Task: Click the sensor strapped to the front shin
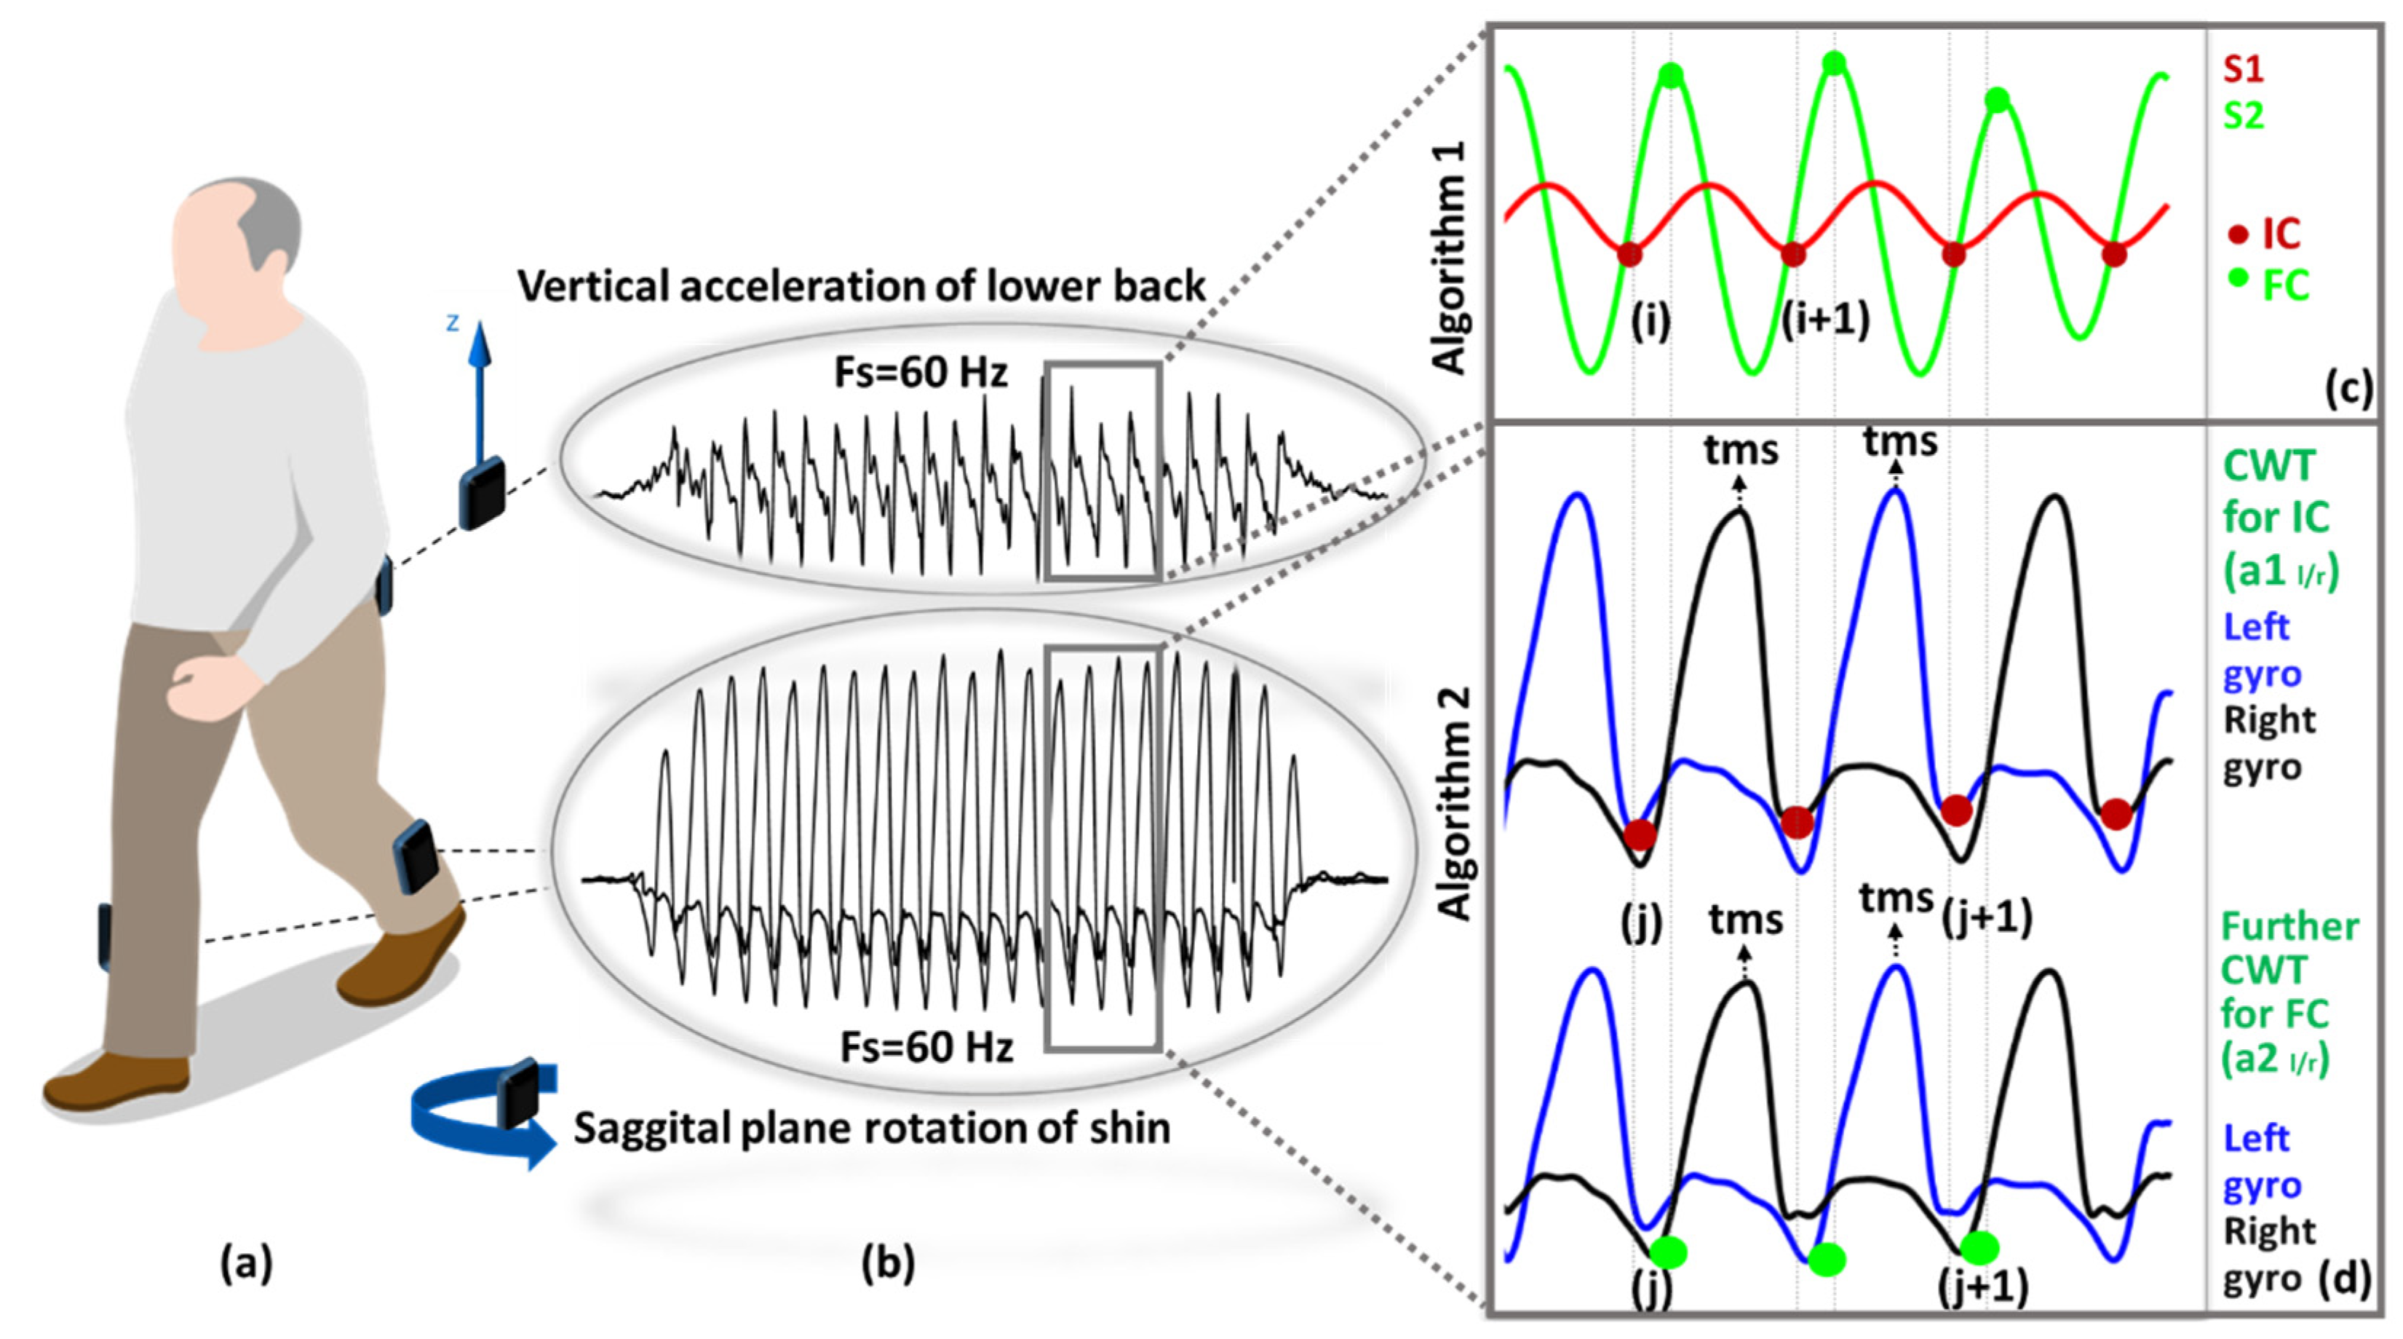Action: coord(417,856)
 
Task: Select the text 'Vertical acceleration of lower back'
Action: coord(861,286)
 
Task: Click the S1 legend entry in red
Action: coord(2243,69)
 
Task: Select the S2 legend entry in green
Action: coord(2243,116)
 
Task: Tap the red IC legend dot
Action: coord(2238,235)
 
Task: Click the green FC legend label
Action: coord(2285,285)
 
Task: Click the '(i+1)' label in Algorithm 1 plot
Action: coord(1824,320)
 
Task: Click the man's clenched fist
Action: coord(201,686)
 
